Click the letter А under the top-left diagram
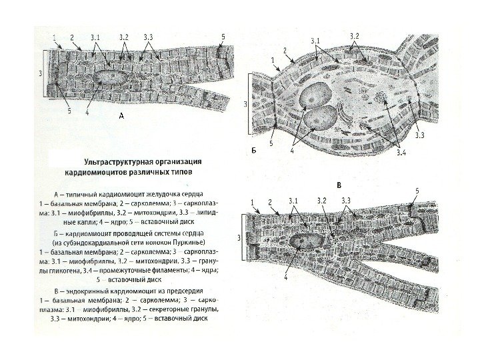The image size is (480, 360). click(x=121, y=116)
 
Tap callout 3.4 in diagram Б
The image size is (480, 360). click(x=401, y=155)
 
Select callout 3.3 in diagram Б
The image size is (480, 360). click(x=420, y=135)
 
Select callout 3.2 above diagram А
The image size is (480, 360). click(x=124, y=36)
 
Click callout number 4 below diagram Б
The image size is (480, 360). click(x=291, y=151)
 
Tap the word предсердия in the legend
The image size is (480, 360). click(x=185, y=292)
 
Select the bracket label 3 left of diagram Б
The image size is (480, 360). click(x=245, y=104)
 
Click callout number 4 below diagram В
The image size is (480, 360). click(x=286, y=279)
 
